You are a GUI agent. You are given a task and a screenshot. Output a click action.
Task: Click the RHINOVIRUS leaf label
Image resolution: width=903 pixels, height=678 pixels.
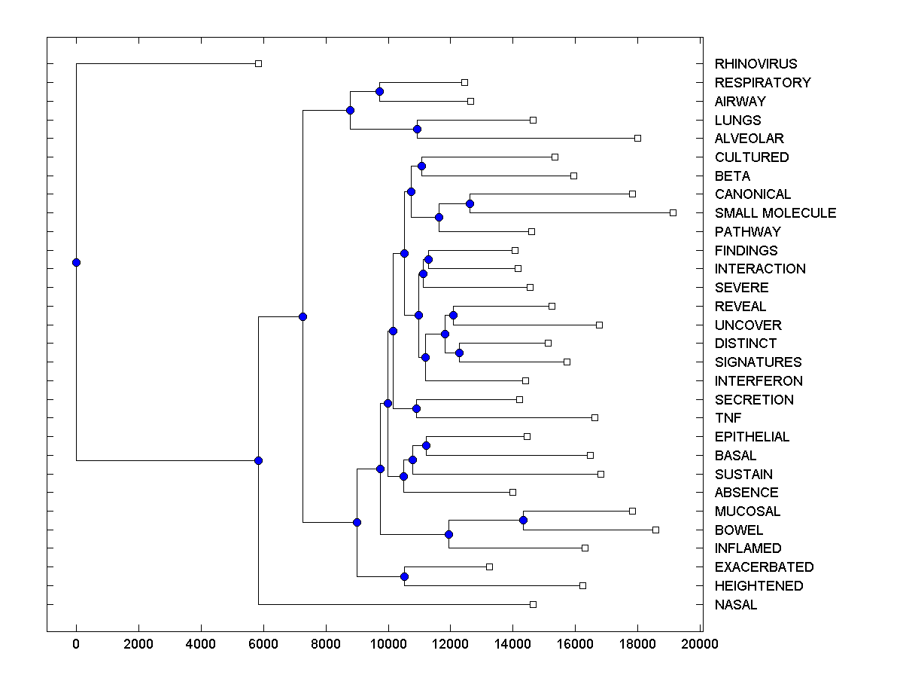pos(756,64)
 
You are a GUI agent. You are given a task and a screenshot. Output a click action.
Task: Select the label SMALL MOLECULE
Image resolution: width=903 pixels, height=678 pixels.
pos(775,213)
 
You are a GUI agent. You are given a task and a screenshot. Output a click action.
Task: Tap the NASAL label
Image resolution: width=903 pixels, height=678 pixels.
pos(736,605)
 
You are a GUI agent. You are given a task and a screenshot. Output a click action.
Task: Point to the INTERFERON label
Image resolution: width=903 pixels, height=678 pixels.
pos(759,381)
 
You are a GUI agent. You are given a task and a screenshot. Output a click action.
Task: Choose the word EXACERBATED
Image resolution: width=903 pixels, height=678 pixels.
pos(764,567)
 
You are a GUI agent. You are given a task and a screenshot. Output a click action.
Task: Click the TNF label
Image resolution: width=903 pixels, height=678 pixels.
pos(728,418)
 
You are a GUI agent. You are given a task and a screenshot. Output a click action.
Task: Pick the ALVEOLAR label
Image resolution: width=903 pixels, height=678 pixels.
pos(749,139)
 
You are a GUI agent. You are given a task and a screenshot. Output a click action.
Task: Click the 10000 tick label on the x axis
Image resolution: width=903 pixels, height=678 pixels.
pos(388,643)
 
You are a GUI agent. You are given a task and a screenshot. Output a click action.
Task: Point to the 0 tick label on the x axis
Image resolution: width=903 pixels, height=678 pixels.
pos(76,643)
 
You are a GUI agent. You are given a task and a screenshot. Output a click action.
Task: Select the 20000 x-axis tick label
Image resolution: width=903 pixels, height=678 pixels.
pos(701,643)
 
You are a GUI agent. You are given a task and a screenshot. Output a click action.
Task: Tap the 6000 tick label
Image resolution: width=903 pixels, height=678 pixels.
pos(263,643)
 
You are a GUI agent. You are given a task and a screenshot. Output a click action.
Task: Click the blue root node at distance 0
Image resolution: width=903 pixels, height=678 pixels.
pos(76,262)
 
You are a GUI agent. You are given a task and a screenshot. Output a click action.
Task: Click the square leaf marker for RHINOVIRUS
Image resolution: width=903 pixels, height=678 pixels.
pos(258,63)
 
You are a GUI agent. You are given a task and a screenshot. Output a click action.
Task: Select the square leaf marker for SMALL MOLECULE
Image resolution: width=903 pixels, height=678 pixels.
pos(673,212)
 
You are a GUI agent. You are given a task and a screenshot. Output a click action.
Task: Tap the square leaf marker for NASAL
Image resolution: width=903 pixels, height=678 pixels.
pos(533,604)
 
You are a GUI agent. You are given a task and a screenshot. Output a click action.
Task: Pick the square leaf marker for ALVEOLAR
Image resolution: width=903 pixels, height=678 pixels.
pos(637,138)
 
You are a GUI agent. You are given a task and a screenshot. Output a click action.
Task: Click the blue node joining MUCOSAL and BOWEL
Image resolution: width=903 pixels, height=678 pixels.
pos(523,521)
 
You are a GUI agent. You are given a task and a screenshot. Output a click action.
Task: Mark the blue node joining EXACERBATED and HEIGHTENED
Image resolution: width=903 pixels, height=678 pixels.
pos(404,576)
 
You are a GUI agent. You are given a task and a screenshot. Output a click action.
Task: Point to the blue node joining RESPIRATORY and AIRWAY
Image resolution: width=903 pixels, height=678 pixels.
pos(380,92)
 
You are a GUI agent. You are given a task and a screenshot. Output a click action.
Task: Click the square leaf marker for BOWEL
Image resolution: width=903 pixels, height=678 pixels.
pos(655,530)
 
